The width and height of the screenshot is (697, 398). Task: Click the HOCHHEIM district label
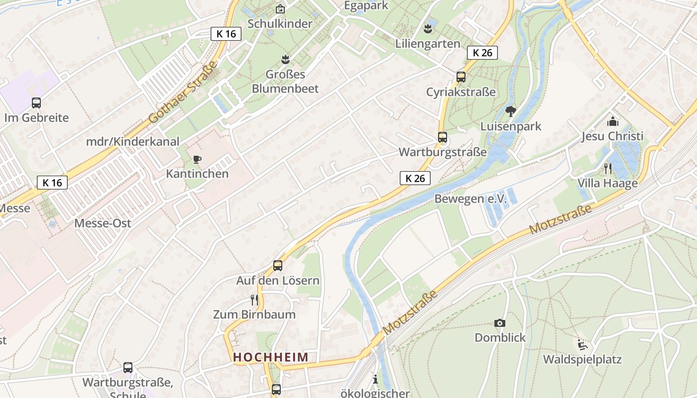pyautogui.click(x=271, y=357)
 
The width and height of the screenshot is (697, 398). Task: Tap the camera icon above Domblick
pyautogui.click(x=500, y=323)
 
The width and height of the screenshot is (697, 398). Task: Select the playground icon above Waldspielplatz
pyautogui.click(x=582, y=345)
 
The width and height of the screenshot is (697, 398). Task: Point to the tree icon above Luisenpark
pyautogui.click(x=510, y=111)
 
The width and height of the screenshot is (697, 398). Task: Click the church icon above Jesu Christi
pyautogui.click(x=612, y=121)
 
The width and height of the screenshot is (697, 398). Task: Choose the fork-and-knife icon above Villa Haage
pyautogui.click(x=607, y=169)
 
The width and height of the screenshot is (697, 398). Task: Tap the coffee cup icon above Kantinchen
pyautogui.click(x=197, y=159)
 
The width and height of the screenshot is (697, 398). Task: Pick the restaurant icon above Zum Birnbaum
pyautogui.click(x=254, y=299)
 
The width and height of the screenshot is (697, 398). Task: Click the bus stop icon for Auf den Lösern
pyautogui.click(x=278, y=266)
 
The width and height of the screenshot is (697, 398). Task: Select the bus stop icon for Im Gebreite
pyautogui.click(x=36, y=103)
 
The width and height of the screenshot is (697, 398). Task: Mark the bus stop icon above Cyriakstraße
pyautogui.click(x=461, y=77)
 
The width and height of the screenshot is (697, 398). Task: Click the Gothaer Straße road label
pyautogui.click(x=183, y=93)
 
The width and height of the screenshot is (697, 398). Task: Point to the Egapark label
pyautogui.click(x=366, y=5)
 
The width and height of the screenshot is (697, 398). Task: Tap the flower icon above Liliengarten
pyautogui.click(x=428, y=29)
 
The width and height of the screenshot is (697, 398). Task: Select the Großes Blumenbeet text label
pyautogui.click(x=285, y=82)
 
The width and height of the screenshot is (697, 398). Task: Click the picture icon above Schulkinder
pyautogui.click(x=280, y=9)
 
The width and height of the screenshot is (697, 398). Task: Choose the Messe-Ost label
pyautogui.click(x=103, y=223)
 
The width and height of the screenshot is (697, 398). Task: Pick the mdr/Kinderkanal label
pyautogui.click(x=132, y=141)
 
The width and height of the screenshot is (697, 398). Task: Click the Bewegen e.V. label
pyautogui.click(x=470, y=199)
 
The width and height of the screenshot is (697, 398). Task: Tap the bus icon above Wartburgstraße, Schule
pyautogui.click(x=128, y=368)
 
